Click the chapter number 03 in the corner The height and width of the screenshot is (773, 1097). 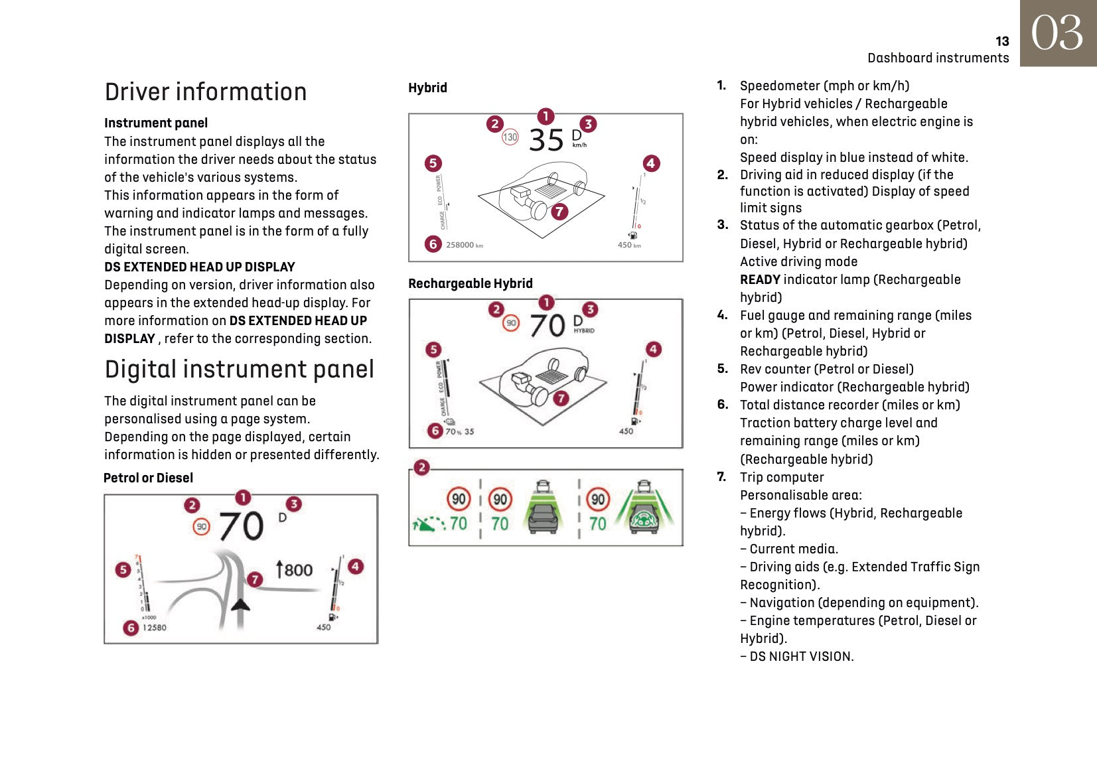pyautogui.click(x=1057, y=33)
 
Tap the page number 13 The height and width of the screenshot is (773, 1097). pyautogui.click(x=1002, y=41)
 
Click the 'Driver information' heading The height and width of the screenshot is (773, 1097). pyautogui.click(x=206, y=92)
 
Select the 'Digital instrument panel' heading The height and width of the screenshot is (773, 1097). pyautogui.click(x=239, y=369)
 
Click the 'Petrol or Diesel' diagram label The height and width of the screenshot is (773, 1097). pyautogui.click(x=148, y=478)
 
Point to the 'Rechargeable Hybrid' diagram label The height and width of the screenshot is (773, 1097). pyautogui.click(x=470, y=283)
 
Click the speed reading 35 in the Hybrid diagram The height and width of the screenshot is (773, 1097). pyautogui.click(x=546, y=140)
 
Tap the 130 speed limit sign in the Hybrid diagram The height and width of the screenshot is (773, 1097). pyautogui.click(x=510, y=137)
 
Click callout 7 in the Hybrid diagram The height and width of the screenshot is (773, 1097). pyautogui.click(x=559, y=211)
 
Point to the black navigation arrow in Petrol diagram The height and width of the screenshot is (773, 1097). pyautogui.click(x=240, y=604)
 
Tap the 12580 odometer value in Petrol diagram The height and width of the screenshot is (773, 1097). pyautogui.click(x=154, y=628)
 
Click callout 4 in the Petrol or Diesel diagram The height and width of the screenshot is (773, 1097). pyautogui.click(x=356, y=566)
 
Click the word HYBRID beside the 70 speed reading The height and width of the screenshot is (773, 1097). pyautogui.click(x=584, y=330)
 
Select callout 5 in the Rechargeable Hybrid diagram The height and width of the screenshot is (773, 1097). pyautogui.click(x=433, y=350)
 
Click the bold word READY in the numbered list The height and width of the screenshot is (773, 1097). pyautogui.click(x=760, y=279)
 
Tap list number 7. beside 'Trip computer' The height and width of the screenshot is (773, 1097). pyautogui.click(x=721, y=477)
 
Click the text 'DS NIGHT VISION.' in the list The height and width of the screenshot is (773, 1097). pyautogui.click(x=801, y=656)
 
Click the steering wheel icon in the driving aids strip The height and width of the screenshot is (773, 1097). pyautogui.click(x=643, y=519)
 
